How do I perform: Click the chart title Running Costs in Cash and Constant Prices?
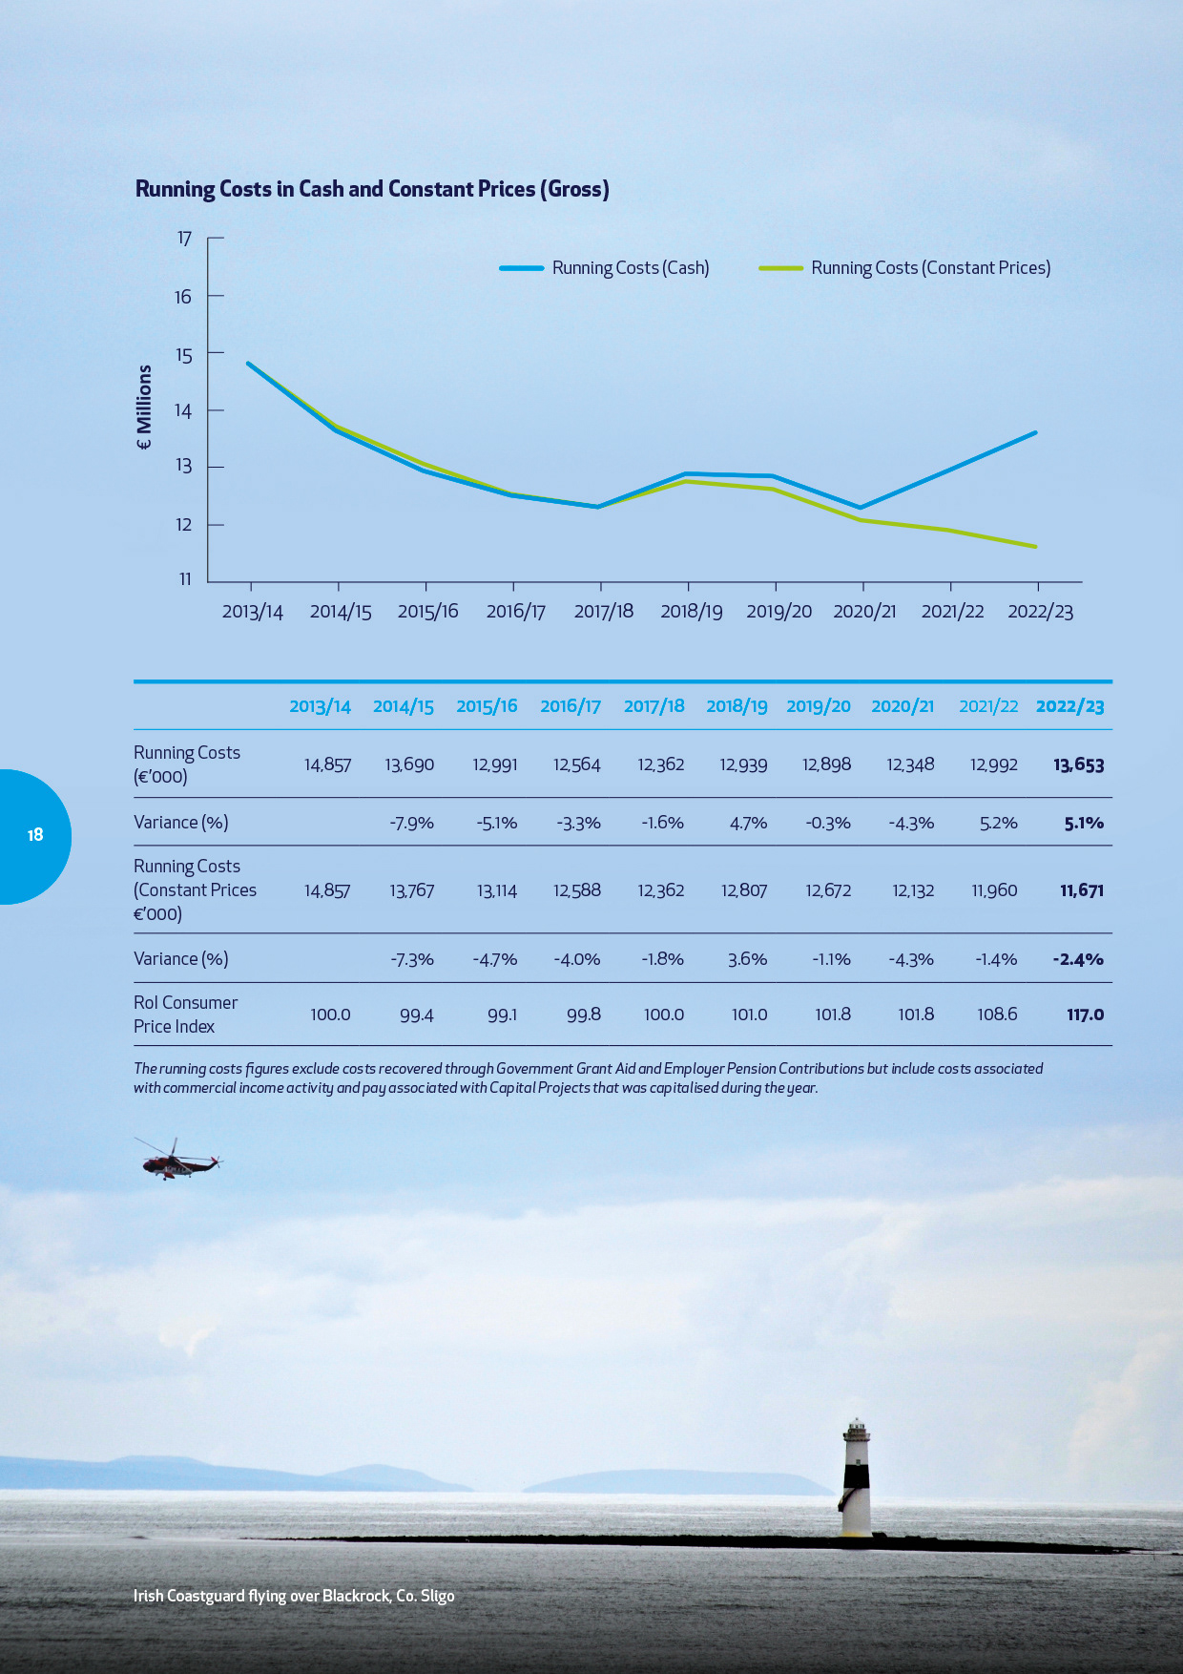tap(372, 189)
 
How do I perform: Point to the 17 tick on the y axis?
tap(184, 239)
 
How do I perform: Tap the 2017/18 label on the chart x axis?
tap(603, 611)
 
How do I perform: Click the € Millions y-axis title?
tap(144, 408)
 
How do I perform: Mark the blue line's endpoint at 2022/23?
tap(1036, 432)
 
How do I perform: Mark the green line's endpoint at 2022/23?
tap(1036, 547)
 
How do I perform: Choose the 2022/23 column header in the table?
tap(1069, 706)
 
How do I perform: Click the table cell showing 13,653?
tap(1079, 764)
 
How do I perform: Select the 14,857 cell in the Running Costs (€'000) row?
tap(327, 764)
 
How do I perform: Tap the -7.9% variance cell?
tap(411, 823)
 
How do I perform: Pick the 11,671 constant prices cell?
tap(1082, 890)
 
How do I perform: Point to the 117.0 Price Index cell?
tap(1085, 1015)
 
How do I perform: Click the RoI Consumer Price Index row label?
tap(185, 1015)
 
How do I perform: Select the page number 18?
tap(35, 835)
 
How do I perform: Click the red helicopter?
tap(178, 1160)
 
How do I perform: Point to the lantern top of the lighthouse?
tap(857, 1429)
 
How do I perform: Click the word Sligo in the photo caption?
tap(437, 1596)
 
